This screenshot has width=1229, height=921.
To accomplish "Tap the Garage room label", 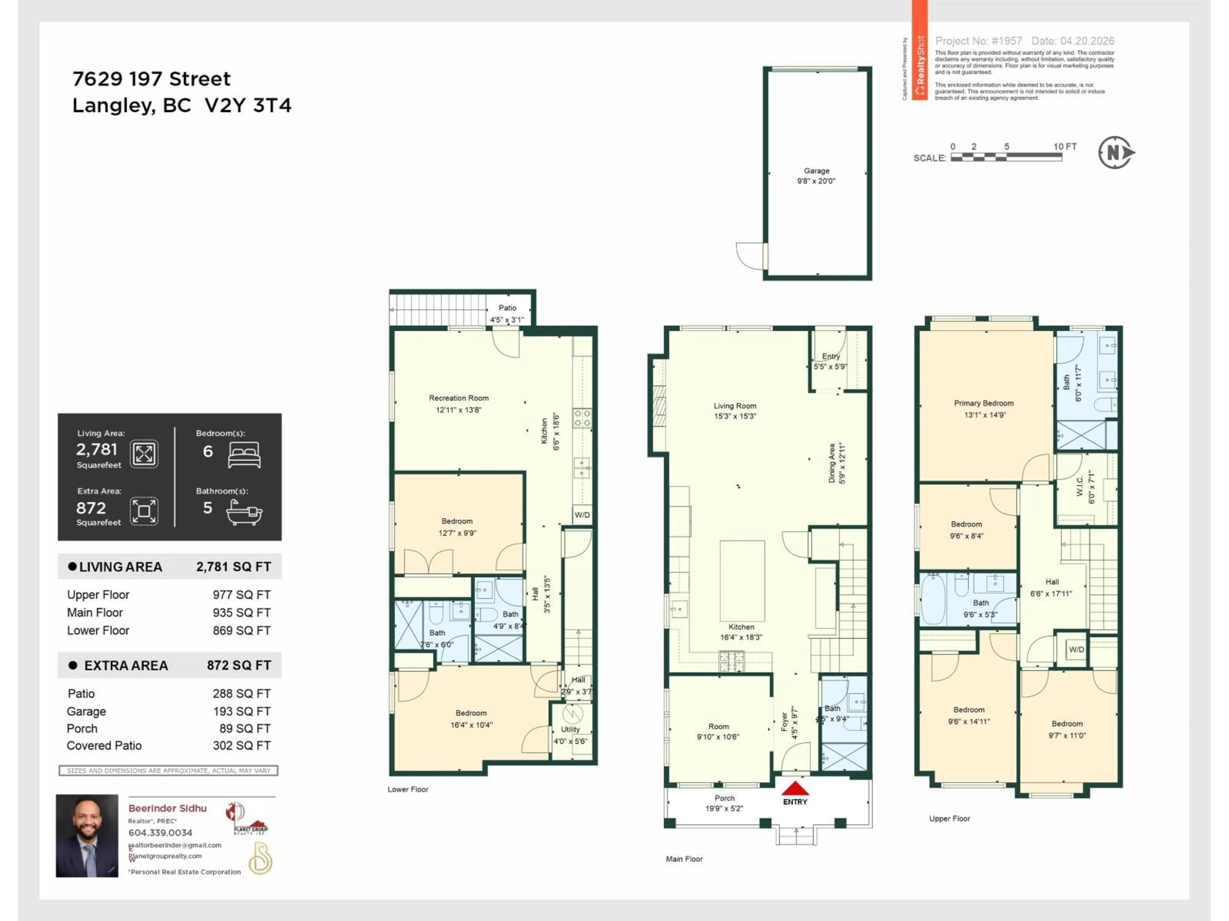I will pos(816,171).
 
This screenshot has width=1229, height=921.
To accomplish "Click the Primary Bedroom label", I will pos(984,403).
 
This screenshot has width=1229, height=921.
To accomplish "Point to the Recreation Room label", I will pos(458,398).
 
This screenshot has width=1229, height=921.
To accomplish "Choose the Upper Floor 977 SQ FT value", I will pos(241,594).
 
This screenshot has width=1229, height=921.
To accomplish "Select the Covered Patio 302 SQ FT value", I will pos(241,745).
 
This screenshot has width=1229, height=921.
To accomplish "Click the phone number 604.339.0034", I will pos(160,833).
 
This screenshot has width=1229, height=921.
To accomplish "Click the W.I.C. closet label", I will pos(1080,486).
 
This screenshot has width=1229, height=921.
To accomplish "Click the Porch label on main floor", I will pos(725,798).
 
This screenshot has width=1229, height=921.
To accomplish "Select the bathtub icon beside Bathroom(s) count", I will pos(245,511).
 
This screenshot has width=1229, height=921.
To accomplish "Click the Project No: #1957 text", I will pos(978,41).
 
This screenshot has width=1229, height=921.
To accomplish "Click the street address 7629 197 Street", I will pos(151,79).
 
